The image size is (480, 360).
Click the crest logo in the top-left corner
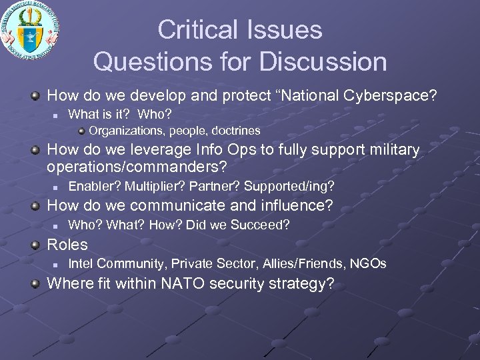[30, 28]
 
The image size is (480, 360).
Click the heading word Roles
[67, 245]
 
